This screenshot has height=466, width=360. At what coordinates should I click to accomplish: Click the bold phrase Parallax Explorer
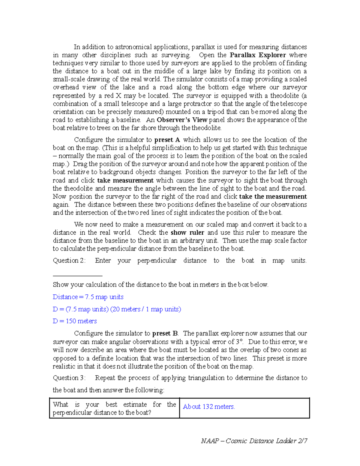258,55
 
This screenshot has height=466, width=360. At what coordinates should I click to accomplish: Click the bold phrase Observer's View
182,120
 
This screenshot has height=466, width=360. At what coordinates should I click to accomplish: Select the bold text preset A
167,140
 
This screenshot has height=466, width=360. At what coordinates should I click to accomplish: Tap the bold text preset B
165,333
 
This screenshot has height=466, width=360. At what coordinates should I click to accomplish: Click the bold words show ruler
187,233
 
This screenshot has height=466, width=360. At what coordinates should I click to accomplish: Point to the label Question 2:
69,260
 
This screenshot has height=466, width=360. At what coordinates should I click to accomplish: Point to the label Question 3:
69,378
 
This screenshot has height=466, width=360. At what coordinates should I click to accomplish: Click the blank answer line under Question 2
77,275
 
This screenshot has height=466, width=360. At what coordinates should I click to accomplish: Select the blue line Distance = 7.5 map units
88,297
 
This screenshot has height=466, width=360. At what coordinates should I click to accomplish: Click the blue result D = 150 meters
75,321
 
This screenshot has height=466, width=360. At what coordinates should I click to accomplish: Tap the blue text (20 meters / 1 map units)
146,309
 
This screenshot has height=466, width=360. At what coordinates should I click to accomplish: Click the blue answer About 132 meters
209,407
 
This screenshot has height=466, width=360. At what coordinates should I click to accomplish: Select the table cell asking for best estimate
114,408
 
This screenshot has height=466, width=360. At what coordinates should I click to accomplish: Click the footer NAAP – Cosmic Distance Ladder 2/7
254,441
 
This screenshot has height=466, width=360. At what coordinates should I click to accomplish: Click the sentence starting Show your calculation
160,284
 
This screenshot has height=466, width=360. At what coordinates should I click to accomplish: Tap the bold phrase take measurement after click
125,180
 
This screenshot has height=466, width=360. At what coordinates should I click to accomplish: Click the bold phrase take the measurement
273,197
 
